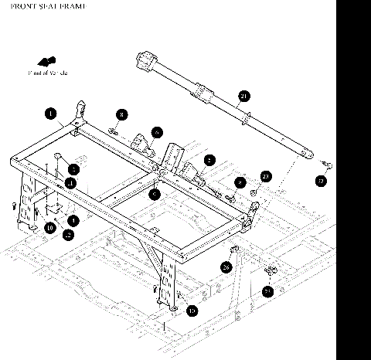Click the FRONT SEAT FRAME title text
click(43, 5)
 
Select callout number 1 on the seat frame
click(50, 114)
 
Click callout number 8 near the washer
click(122, 114)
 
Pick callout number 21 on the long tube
click(244, 97)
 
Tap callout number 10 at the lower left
click(49, 227)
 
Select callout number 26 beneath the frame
click(226, 267)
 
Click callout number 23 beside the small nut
click(265, 176)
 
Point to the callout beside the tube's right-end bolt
click(322, 182)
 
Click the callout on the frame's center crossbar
click(155, 195)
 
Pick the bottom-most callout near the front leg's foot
click(192, 310)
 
